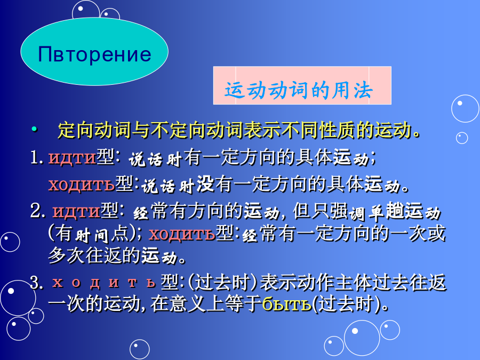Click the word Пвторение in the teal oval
94,54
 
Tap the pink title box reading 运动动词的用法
302,85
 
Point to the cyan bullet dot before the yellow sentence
35,129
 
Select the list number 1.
37,158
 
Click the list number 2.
37,211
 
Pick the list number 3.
37,282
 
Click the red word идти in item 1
72,158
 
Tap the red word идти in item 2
76,211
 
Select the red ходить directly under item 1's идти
82,185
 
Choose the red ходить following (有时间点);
182,234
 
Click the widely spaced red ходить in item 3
104,282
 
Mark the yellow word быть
287,305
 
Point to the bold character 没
205,185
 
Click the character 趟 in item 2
395,211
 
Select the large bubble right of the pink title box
465,109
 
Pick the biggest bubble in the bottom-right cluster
362,338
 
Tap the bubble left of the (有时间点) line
10,242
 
